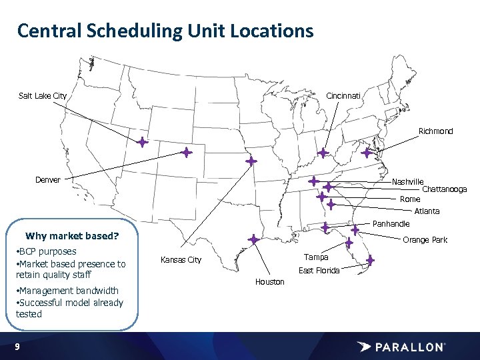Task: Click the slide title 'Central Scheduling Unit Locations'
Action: [165, 31]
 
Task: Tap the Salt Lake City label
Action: [43, 96]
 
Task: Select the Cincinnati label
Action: [343, 96]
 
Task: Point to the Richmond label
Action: [435, 131]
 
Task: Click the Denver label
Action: [48, 180]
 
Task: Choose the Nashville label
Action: [407, 181]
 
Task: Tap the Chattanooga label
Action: [444, 189]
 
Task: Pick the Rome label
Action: [410, 199]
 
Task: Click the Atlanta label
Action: [427, 211]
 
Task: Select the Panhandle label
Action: [391, 224]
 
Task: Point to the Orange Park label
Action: [425, 240]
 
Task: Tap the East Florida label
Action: [319, 270]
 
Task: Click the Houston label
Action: [269, 282]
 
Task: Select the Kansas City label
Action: [181, 260]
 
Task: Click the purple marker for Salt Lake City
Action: [142, 142]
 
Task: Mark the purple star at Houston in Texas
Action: [253, 239]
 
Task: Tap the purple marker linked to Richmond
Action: [367, 153]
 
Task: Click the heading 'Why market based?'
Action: [71, 236]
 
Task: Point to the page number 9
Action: [17, 347]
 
